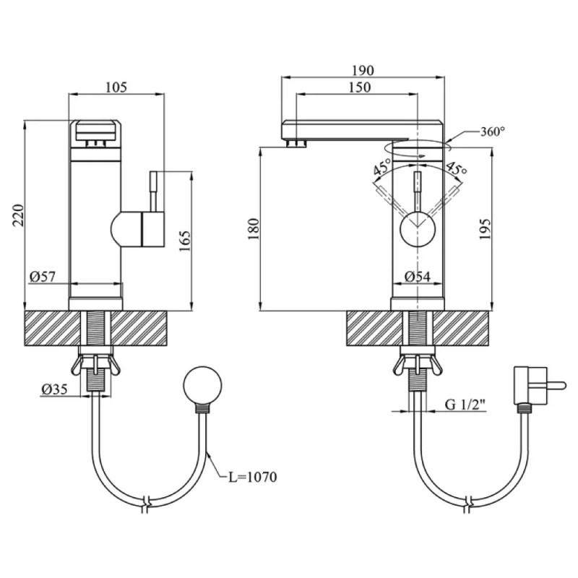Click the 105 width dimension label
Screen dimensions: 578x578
click(116, 87)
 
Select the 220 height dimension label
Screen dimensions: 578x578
click(19, 215)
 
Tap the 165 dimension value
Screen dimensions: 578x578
click(185, 241)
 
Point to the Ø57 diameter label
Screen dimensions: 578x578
click(43, 277)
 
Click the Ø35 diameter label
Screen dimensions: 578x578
click(54, 389)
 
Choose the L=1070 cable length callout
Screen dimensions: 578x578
click(252, 477)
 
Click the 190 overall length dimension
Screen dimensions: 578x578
click(363, 70)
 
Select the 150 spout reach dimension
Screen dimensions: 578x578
click(360, 87)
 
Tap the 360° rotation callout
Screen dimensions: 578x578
click(493, 131)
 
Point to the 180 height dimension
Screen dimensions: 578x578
click(254, 229)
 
